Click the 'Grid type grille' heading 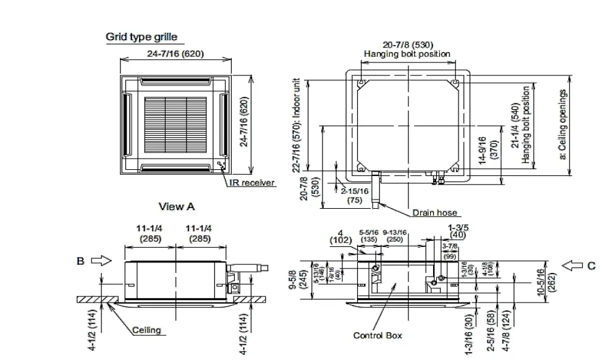point(141,37)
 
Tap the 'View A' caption point(176,206)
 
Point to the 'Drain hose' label point(435,213)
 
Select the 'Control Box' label point(377,335)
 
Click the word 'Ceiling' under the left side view point(146,330)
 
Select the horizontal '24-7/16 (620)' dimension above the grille point(175,54)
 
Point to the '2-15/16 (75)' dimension point(355,195)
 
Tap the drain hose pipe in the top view point(376,188)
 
